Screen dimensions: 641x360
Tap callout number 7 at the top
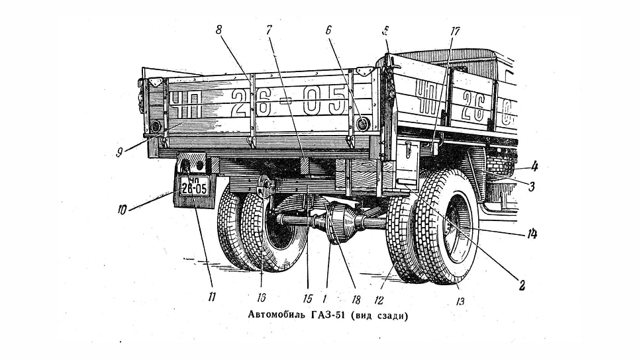tap(269, 30)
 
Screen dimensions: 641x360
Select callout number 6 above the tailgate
tap(328, 30)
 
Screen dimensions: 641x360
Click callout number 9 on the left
tap(119, 152)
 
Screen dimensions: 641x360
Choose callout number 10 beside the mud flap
tap(122, 210)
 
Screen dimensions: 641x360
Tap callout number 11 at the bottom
tap(211, 296)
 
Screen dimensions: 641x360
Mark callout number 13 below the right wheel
tap(460, 302)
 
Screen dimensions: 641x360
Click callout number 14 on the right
tap(532, 234)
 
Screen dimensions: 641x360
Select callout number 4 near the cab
tap(534, 166)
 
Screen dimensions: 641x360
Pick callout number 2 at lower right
tap(522, 285)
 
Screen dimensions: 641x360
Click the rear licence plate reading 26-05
tap(194, 186)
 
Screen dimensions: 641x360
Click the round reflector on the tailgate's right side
tap(362, 123)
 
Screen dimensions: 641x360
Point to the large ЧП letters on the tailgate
tap(183, 104)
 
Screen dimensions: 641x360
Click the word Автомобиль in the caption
tap(276, 316)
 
